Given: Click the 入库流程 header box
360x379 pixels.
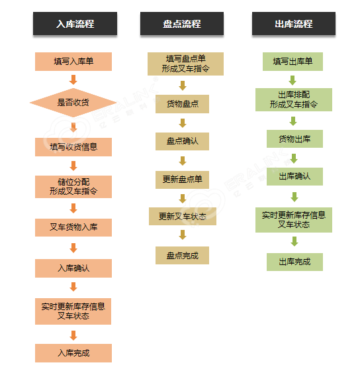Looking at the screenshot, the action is (75, 23).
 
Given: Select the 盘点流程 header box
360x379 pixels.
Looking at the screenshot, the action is (182, 23).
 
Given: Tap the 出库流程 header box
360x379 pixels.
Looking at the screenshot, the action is (294, 23).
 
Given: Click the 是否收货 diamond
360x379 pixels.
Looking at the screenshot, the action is (73, 103).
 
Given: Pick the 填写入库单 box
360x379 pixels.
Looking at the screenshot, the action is (73, 62).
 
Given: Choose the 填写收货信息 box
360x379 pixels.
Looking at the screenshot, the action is (73, 147).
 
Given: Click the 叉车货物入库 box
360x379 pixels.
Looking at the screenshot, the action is (73, 227).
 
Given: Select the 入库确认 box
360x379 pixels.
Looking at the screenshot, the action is (73, 268).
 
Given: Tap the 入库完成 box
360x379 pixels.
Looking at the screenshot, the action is (73, 353).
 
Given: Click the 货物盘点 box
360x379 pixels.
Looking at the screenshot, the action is (182, 104).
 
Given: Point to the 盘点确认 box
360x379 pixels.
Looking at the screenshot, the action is (182, 141).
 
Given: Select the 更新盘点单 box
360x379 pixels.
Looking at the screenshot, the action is (182, 180).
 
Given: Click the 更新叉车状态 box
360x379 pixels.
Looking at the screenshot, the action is (183, 216).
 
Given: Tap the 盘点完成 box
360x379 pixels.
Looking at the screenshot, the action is (182, 255).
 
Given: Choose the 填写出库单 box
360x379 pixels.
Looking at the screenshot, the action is (292, 62).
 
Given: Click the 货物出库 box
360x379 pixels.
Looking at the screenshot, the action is (294, 138).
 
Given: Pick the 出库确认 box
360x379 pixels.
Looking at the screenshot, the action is (294, 176).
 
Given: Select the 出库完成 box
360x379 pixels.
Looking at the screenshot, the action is (294, 262).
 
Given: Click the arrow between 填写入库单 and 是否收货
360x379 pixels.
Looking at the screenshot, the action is (73, 80).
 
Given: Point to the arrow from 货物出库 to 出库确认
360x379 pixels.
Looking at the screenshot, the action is (294, 158).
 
